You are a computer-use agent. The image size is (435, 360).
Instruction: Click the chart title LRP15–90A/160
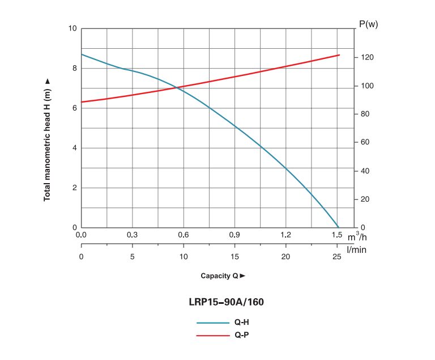226,302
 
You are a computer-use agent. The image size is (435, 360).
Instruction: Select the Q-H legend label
242,322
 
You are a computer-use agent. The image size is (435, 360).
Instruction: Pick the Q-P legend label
242,335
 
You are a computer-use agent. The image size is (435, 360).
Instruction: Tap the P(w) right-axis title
368,24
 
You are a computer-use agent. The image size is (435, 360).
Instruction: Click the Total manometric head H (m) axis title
47,140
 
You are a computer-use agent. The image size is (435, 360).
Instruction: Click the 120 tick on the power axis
367,57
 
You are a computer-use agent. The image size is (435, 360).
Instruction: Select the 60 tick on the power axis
365,142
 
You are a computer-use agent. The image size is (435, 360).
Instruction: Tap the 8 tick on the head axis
75,69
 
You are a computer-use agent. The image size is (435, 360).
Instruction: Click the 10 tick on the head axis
72,28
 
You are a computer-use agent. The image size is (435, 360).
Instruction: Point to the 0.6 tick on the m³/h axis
184,235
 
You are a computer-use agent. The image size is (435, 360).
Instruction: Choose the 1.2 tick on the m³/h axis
285,235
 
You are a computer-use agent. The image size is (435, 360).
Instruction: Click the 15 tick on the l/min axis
234,256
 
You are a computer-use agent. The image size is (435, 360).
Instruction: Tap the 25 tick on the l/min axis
337,256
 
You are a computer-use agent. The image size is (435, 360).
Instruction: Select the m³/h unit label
357,236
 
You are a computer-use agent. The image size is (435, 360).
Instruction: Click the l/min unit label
356,249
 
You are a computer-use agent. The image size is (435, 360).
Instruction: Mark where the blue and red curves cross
177,88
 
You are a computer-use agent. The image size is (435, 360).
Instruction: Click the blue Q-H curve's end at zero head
339,227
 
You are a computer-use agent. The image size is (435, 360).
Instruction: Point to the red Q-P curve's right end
339,55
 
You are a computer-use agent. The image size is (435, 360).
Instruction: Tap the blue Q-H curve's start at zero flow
82,54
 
